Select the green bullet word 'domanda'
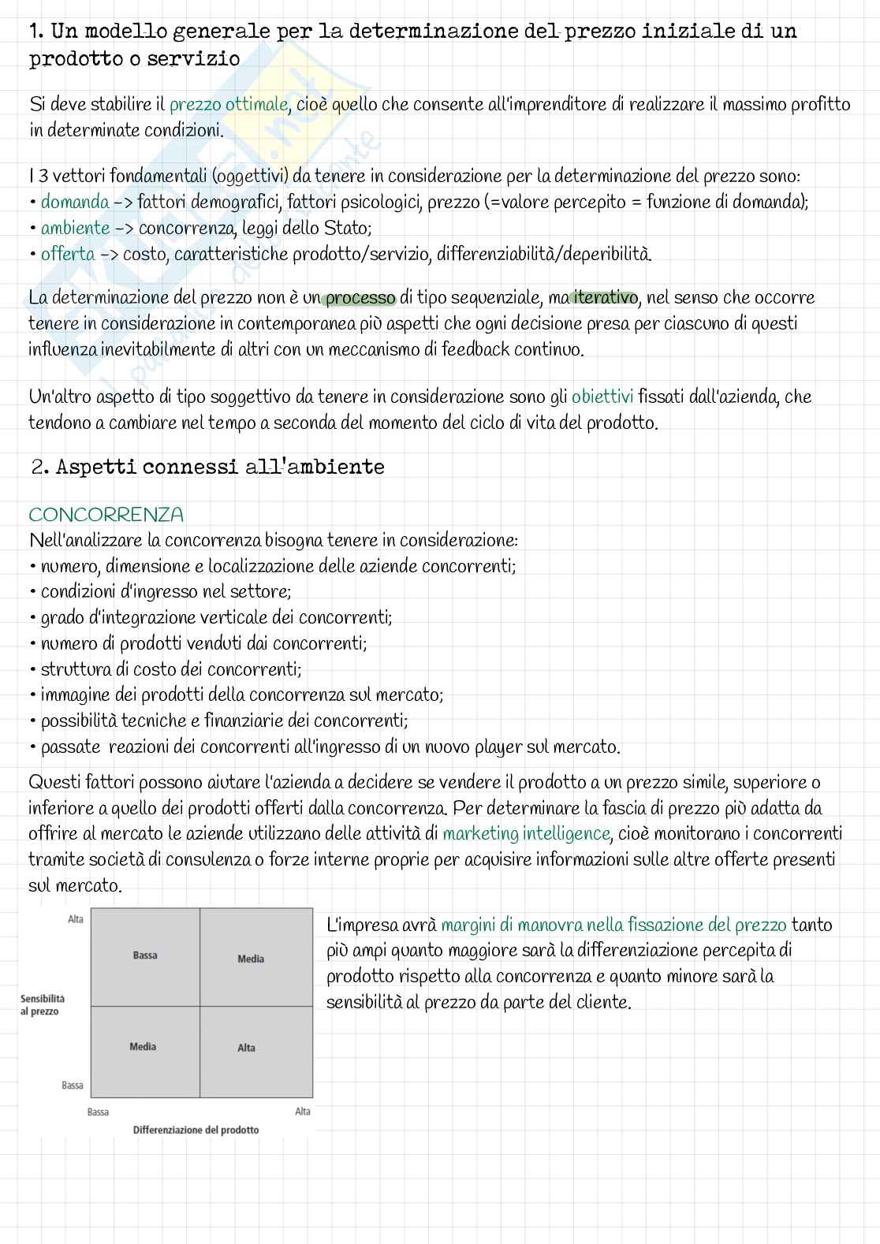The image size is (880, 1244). [75, 203]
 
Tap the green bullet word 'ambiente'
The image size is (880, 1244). [75, 229]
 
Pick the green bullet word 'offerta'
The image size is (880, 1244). [68, 255]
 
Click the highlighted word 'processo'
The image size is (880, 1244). [360, 299]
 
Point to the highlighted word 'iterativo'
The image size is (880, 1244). [604, 298]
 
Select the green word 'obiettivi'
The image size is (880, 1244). [602, 397]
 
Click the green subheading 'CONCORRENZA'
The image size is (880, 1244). [106, 516]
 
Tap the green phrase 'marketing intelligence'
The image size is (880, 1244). [526, 834]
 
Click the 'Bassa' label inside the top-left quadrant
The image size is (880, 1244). [145, 955]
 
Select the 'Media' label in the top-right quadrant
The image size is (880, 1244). [251, 959]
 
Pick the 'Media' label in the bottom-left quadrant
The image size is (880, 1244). [143, 1047]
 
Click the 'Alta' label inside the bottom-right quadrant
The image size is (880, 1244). [246, 1048]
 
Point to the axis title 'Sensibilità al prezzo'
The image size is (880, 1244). [43, 1005]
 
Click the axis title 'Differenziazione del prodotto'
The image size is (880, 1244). [196, 1130]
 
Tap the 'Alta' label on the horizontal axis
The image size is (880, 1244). [303, 1112]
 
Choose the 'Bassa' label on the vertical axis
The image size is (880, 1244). [73, 1086]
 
